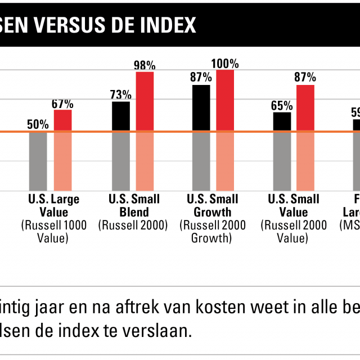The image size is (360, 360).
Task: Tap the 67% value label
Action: click(62, 103)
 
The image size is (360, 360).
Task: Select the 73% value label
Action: click(121, 94)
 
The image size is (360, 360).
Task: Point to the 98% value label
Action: click(145, 65)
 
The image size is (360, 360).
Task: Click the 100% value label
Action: click(225, 63)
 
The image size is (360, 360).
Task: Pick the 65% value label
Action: click(282, 105)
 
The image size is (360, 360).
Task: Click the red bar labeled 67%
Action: click(62, 120)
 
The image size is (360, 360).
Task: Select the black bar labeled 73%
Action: click(121, 116)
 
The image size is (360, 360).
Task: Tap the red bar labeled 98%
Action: click(145, 102)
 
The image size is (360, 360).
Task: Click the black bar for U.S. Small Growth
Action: click(201, 109)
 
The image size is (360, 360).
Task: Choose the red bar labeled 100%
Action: click(225, 101)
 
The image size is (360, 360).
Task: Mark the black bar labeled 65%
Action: click(282, 122)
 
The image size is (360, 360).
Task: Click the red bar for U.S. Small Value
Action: click(305, 109)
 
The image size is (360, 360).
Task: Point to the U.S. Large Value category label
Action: click(54, 205)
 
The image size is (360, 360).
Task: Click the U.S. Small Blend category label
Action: click(134, 205)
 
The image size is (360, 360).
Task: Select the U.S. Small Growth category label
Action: click(213, 205)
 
